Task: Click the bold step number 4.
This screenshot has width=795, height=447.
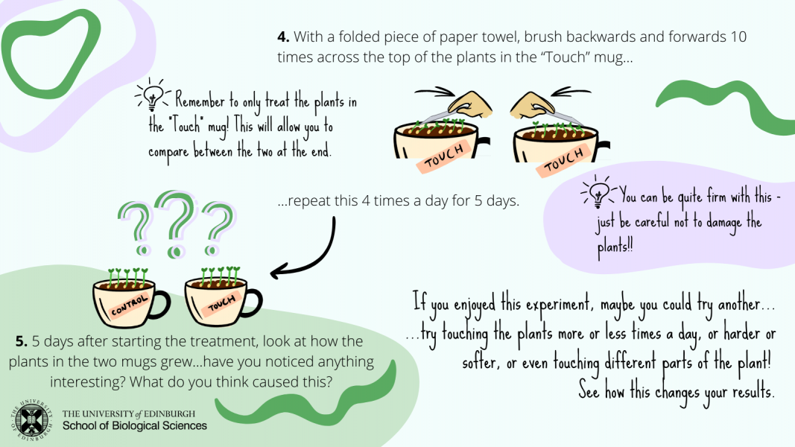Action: click(283, 37)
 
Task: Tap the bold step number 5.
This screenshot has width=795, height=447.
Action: click(22, 342)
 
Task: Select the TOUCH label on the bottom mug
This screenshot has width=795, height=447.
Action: click(221, 303)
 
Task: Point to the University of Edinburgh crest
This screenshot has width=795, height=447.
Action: click(31, 419)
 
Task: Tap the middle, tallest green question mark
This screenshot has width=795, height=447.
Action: click(177, 223)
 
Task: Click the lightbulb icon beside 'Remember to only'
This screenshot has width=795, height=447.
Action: click(153, 95)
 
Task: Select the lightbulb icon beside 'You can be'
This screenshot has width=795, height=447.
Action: click(598, 191)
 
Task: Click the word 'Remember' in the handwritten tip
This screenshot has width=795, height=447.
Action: click(200, 101)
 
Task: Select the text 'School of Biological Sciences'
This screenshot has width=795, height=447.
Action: click(134, 425)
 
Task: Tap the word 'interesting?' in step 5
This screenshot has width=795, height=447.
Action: click(87, 381)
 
